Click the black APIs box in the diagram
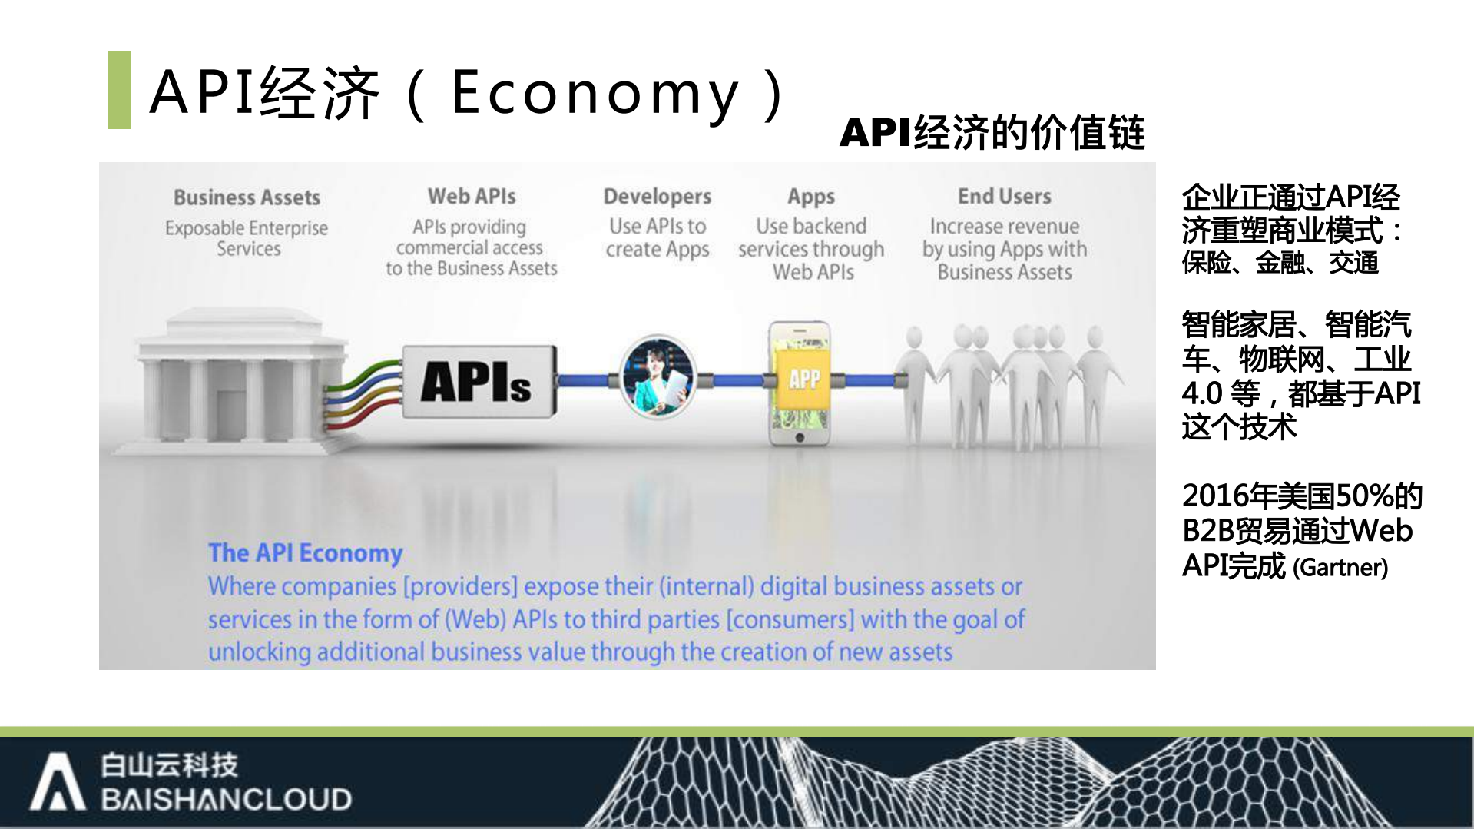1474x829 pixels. tap(478, 382)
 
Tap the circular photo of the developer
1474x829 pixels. tap(658, 377)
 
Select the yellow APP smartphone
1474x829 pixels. tap(800, 383)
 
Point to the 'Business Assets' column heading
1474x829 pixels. tap(247, 197)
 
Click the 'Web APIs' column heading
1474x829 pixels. tap(472, 196)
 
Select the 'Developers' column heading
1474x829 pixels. tap(657, 197)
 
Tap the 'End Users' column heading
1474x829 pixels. tap(1004, 196)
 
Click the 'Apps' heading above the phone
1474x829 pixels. tap(810, 197)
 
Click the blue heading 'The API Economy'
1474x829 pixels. tap(305, 552)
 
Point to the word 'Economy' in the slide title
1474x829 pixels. tap(595, 93)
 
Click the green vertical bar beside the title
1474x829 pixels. tap(118, 90)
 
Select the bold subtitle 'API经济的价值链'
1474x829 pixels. tap(992, 132)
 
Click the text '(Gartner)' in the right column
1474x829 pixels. tap(1340, 568)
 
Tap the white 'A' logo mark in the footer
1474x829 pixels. tap(57, 782)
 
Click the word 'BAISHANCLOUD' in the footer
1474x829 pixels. tap(226, 799)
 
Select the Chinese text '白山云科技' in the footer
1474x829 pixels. tap(169, 764)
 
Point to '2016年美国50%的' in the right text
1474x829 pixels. tap(1301, 496)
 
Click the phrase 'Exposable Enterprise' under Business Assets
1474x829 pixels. tap(246, 228)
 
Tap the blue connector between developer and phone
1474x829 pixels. tap(734, 380)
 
